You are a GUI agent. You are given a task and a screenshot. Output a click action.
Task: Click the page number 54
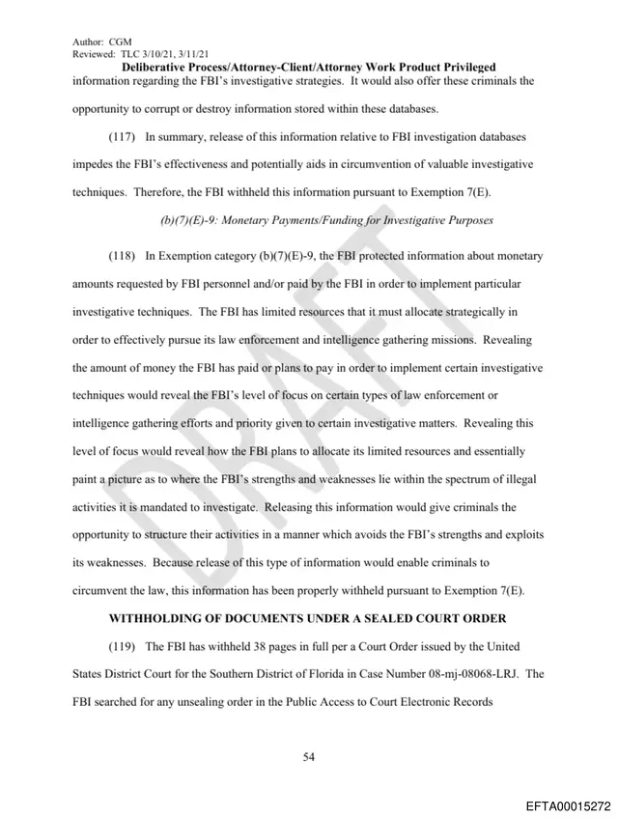[309, 756]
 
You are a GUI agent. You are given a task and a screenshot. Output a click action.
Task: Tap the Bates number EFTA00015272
[568, 804]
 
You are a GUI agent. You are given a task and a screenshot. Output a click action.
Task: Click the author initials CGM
[120, 42]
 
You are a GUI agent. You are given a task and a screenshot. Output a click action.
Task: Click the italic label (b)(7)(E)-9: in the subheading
[186, 220]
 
